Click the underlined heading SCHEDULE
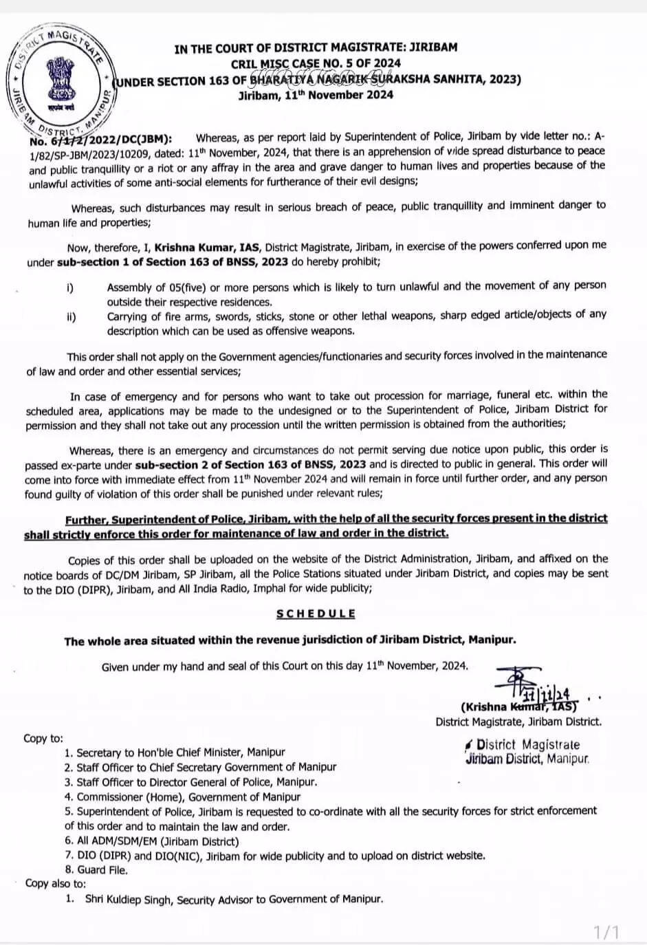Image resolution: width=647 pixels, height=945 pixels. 316,613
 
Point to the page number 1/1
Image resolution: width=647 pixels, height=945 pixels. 606,932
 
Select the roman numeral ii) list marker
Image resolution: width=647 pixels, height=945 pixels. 71,317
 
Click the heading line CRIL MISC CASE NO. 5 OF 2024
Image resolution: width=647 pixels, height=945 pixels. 316,64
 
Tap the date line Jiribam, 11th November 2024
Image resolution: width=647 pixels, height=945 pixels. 316,95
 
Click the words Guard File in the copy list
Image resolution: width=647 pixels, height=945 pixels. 102,869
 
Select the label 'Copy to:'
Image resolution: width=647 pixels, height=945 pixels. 43,738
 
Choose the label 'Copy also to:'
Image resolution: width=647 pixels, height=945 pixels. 56,884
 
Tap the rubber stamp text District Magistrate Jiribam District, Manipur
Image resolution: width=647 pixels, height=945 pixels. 527,752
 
